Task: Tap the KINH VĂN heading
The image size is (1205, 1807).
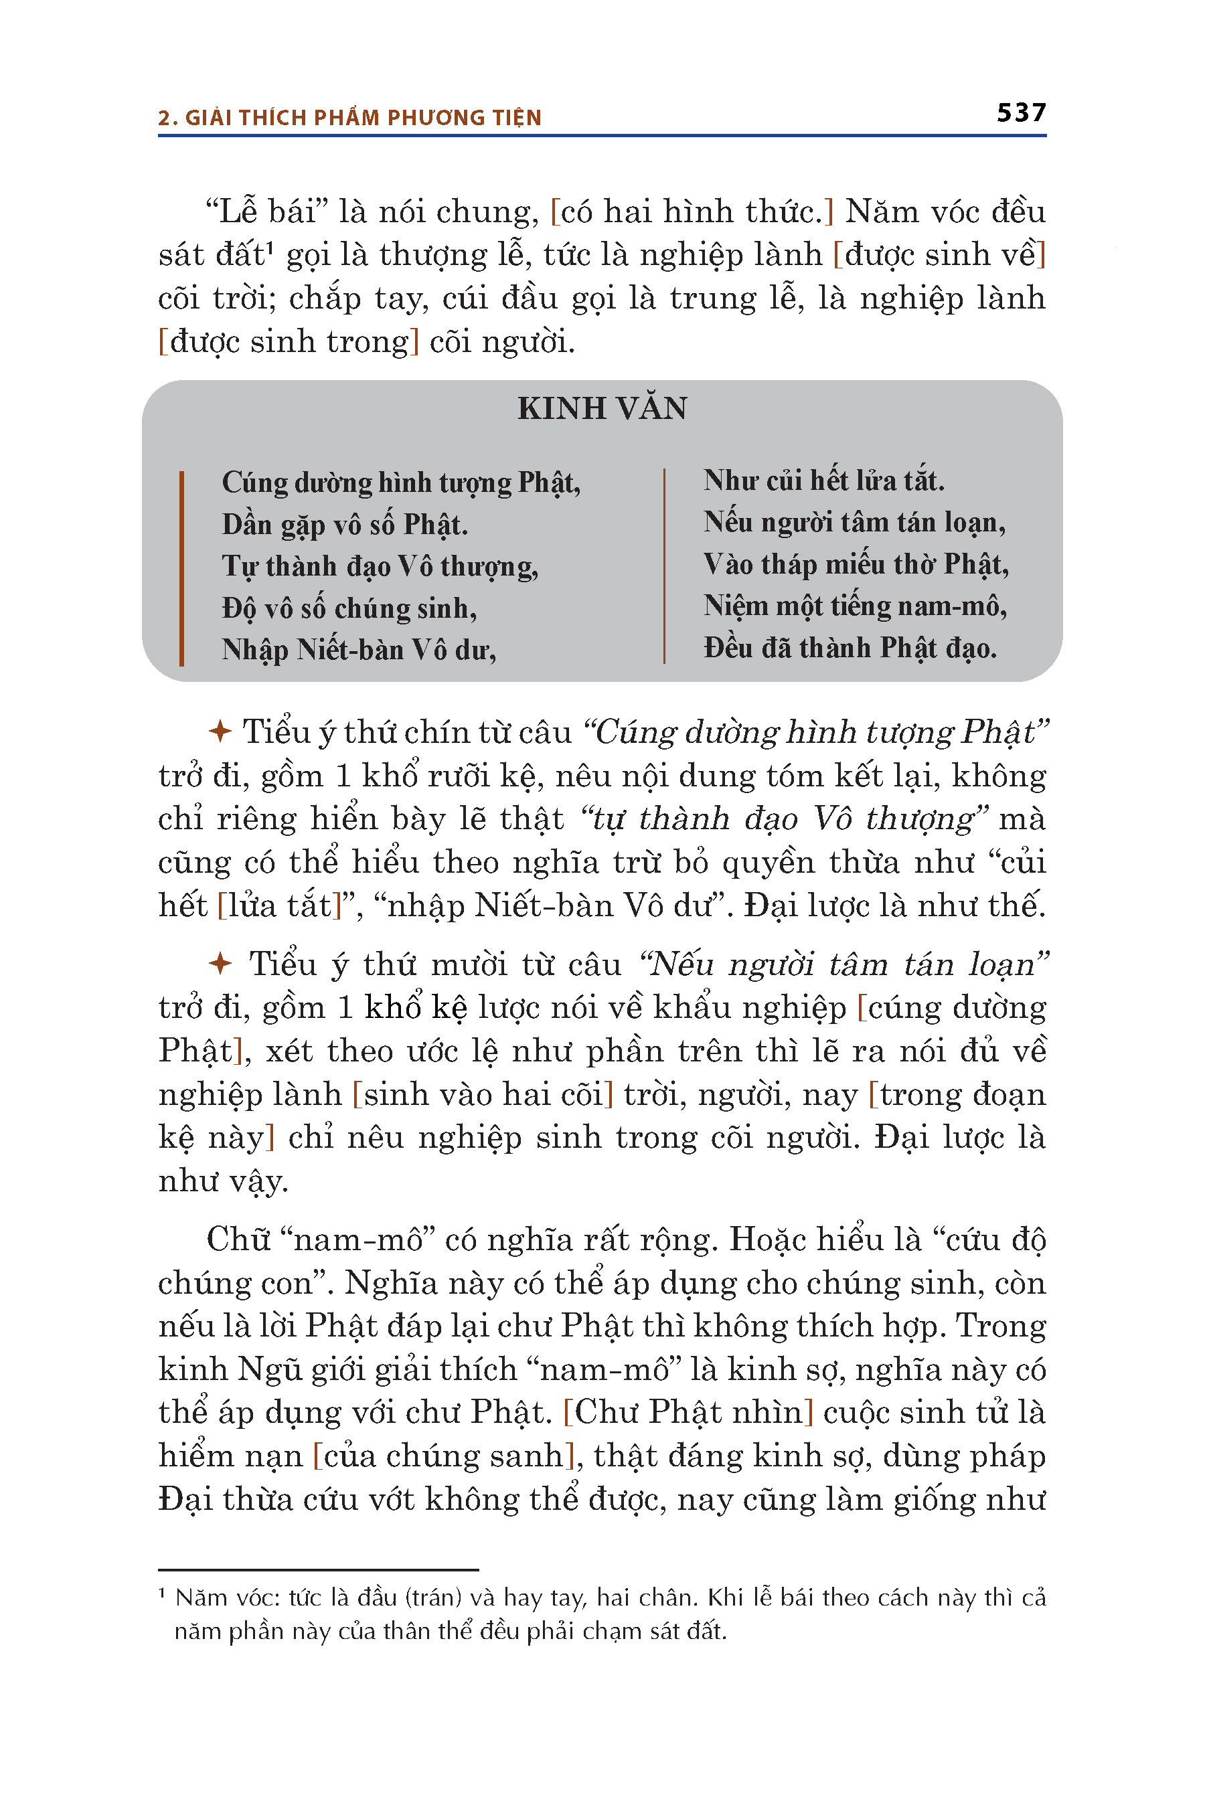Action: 602,408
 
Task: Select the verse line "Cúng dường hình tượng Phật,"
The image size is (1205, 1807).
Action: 400,483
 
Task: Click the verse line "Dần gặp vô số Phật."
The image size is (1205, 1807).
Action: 344,525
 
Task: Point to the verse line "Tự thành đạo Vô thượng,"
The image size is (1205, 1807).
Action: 380,566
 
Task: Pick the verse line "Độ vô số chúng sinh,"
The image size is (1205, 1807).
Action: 349,608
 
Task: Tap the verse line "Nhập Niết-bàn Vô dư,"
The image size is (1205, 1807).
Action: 359,650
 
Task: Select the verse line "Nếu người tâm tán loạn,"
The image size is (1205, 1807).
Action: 854,523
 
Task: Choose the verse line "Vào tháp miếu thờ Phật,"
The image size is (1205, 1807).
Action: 856,565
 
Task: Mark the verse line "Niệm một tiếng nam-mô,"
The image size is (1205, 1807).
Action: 855,606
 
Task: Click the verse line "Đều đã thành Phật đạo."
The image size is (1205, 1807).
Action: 849,649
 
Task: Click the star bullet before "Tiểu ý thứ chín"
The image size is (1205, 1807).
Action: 220,731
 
